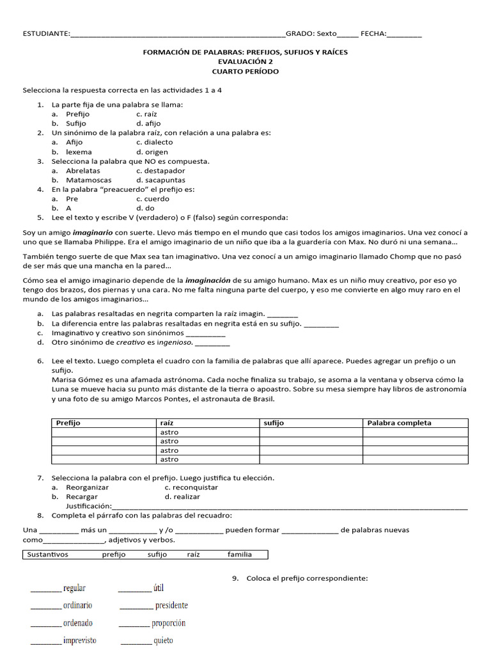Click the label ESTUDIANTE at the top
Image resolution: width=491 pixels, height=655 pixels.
pos(45,34)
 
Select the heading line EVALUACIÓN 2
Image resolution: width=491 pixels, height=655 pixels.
pos(245,61)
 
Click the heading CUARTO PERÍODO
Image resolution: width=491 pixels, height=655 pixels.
pos(245,71)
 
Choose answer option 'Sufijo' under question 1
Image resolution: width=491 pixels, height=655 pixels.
pos(76,123)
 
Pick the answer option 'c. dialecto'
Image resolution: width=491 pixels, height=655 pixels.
pos(154,143)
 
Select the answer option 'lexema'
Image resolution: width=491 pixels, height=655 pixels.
pos(79,152)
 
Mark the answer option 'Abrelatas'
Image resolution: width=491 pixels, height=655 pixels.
pos(83,171)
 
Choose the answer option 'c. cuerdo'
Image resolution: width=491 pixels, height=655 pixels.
pos(152,199)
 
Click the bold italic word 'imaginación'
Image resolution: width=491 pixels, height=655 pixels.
pos(208,280)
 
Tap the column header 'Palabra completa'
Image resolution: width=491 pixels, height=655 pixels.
pos(400,423)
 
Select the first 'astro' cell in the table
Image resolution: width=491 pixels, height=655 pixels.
pos(169,432)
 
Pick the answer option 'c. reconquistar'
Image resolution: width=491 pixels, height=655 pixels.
pos(191,487)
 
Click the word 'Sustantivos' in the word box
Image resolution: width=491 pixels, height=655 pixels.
pos(47,555)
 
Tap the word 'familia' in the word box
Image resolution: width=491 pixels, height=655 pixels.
pos(239,555)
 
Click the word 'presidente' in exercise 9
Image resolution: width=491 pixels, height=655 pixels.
pos(171,605)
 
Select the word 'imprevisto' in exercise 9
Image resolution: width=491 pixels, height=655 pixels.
pos(79,640)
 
